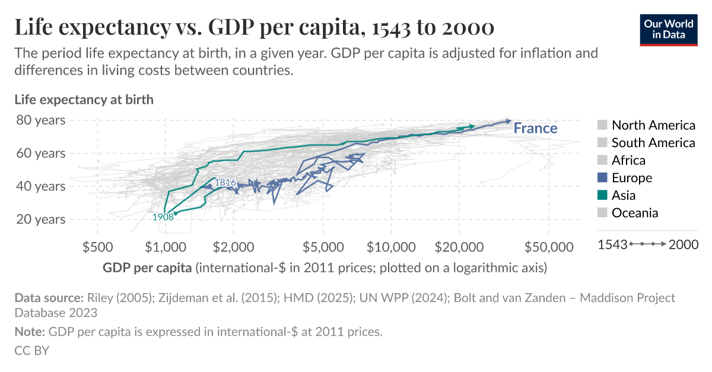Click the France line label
point(535,128)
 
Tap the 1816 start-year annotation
point(225,182)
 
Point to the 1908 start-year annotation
point(163,217)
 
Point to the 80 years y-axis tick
point(42,120)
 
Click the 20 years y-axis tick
point(42,219)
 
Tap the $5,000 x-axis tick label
point(322,246)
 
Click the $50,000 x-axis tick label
point(549,246)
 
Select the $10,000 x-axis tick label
point(390,246)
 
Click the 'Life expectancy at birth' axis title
point(84,99)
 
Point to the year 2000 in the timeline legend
point(683,244)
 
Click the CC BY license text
point(31,351)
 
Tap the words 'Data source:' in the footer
point(49,298)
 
